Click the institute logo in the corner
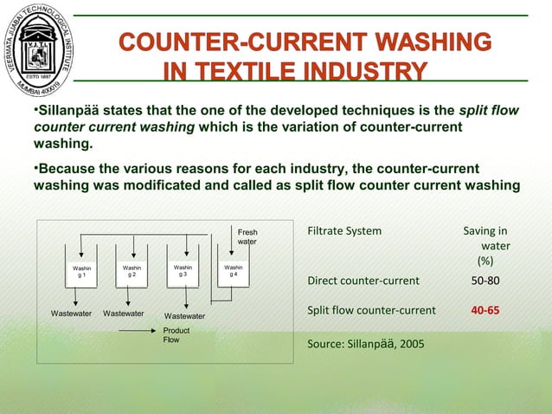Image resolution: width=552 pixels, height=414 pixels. [39, 50]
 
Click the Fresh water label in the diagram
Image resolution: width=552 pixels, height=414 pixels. [247, 236]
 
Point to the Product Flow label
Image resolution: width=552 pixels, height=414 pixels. [177, 335]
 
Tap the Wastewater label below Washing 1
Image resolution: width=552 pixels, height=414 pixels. [71, 313]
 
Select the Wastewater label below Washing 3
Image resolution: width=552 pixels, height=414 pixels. [184, 316]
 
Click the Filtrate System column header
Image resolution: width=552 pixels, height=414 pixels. [344, 231]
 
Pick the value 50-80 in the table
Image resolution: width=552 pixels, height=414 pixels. [485, 281]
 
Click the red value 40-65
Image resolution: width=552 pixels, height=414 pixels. [485, 309]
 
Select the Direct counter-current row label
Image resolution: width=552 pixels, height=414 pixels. [363, 281]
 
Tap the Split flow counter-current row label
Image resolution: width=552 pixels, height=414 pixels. [371, 309]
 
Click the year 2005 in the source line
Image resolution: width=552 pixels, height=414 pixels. [411, 343]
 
